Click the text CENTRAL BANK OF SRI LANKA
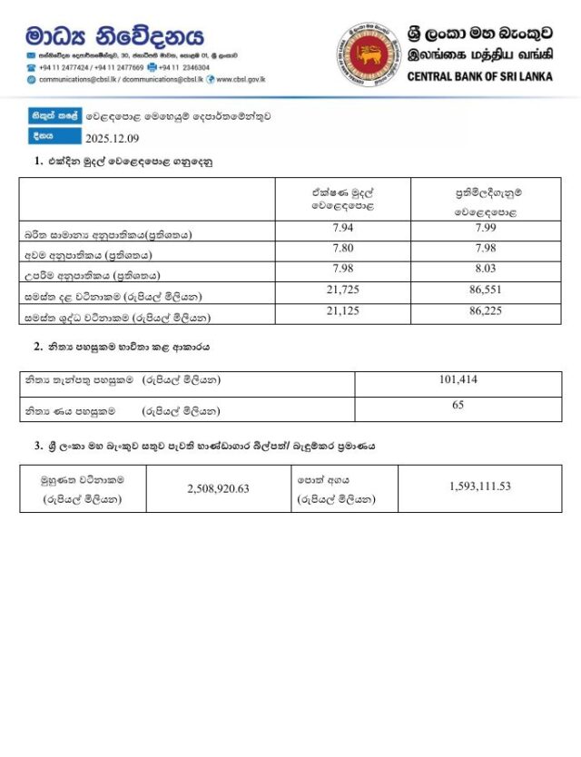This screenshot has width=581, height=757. [x=479, y=77]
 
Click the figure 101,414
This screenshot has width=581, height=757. [x=458, y=379]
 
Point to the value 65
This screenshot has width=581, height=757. [x=458, y=406]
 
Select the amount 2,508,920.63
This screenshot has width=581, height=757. [x=218, y=488]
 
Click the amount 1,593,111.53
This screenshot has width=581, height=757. [x=479, y=487]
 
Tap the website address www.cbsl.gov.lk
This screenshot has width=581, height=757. [x=241, y=79]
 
